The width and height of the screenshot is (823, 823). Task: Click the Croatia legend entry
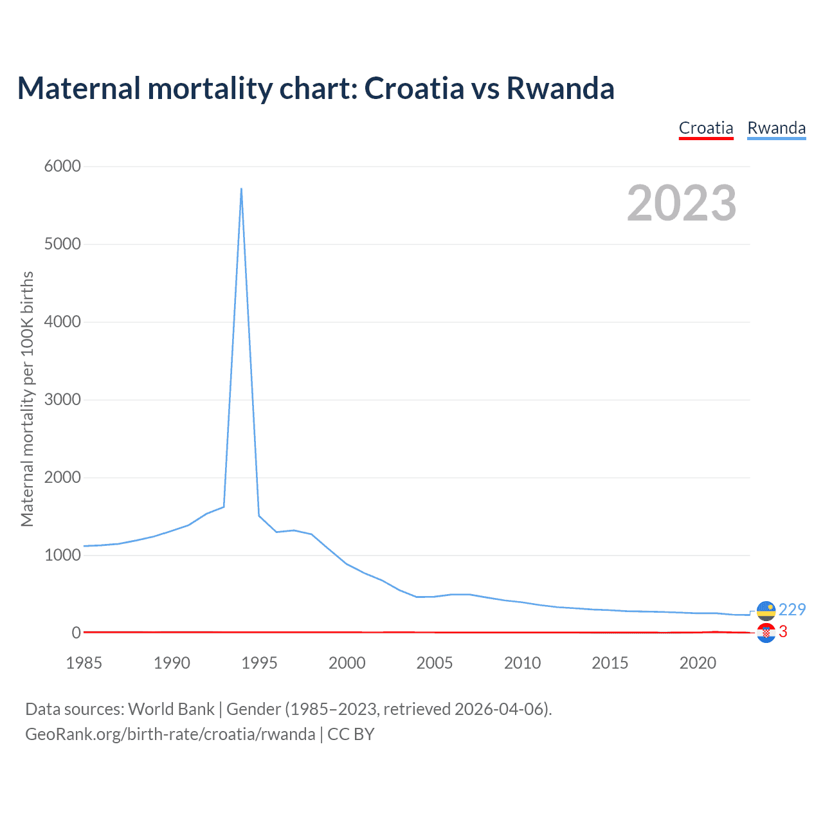click(x=706, y=128)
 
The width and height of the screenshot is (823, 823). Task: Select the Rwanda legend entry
click(x=776, y=128)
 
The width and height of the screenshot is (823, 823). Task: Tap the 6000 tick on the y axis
click(x=62, y=167)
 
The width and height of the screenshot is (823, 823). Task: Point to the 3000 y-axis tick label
click(x=62, y=400)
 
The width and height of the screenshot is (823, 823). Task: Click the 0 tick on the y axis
click(x=77, y=633)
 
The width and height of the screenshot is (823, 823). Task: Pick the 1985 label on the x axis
click(x=84, y=663)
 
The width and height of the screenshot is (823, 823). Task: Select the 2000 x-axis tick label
click(x=347, y=663)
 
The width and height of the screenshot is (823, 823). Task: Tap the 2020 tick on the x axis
click(x=698, y=663)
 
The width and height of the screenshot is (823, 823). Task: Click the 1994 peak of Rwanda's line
click(x=241, y=189)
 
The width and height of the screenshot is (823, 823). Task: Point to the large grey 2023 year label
click(x=682, y=203)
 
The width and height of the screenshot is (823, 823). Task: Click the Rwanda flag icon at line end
click(x=766, y=610)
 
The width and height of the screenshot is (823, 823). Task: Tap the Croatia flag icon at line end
click(x=766, y=633)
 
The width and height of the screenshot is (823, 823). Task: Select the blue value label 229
click(x=792, y=610)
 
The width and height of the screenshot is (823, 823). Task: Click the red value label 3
click(x=782, y=632)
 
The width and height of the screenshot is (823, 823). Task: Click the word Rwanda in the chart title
click(x=560, y=88)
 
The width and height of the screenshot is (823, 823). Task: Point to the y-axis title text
click(x=27, y=399)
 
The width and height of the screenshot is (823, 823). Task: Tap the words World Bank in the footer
click(x=171, y=709)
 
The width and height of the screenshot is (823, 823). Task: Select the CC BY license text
click(x=351, y=734)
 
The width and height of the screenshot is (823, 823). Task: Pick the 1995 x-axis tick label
click(x=259, y=663)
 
